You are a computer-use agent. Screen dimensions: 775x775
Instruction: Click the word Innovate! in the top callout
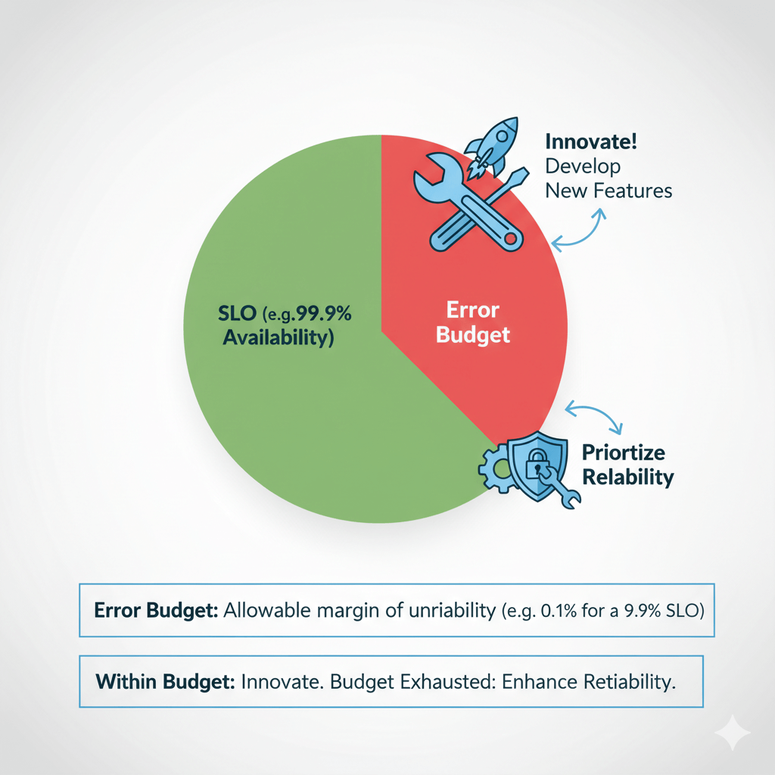point(591,142)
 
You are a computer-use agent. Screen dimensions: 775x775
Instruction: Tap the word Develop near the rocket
point(583,167)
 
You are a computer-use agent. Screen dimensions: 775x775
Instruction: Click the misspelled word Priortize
point(624,453)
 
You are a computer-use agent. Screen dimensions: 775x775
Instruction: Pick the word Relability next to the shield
point(627,478)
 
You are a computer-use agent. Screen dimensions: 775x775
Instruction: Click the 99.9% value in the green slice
point(324,313)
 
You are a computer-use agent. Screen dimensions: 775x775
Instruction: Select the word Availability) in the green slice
point(279,338)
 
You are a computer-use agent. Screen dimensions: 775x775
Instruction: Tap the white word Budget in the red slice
point(473,335)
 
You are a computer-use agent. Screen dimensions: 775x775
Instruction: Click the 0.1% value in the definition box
point(559,611)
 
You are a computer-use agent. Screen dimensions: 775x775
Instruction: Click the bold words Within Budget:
point(165,682)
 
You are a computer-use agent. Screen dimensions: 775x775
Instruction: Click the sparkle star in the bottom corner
point(733,733)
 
